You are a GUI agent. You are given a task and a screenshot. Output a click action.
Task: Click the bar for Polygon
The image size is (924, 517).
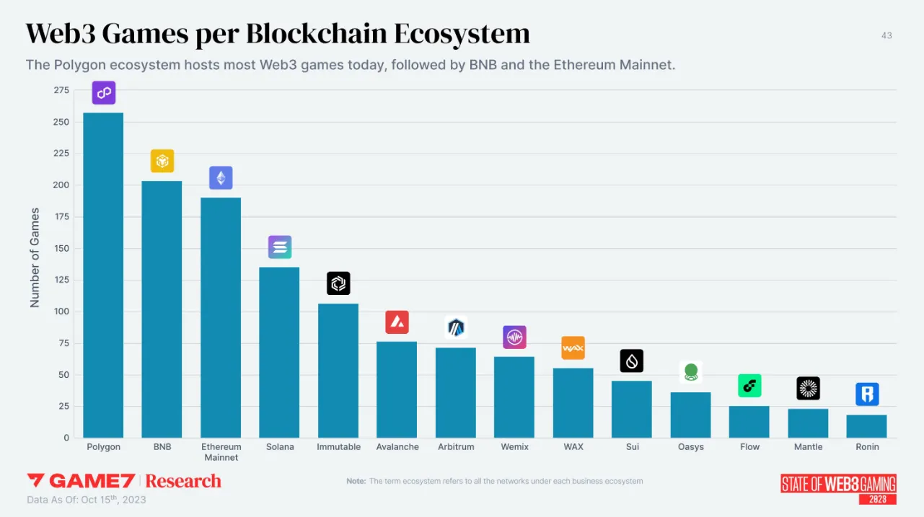coord(103,275)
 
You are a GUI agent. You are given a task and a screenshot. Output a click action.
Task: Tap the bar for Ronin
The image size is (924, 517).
coord(866,426)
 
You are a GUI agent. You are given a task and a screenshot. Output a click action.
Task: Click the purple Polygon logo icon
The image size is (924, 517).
coord(104,93)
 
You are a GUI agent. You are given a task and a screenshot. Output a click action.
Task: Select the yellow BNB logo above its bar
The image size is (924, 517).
coord(162,161)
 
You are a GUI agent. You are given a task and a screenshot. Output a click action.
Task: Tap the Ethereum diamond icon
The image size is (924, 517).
coord(221,178)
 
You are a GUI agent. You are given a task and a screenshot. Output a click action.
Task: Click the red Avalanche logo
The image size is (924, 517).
coord(397,322)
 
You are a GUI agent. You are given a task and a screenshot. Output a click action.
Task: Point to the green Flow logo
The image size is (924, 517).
coord(749,386)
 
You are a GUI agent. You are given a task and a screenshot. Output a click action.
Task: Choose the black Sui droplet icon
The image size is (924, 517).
coord(632,361)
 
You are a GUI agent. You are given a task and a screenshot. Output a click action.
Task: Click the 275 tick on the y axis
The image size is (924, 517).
coord(61,90)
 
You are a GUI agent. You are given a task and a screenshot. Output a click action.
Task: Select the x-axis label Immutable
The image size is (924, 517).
coord(338,447)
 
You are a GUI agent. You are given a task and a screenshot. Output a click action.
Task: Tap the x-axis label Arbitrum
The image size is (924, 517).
coord(456,447)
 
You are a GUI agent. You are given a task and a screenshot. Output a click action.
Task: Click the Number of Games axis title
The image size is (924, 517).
coord(35,258)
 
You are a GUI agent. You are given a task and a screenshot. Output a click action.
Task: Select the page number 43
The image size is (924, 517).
coord(886,35)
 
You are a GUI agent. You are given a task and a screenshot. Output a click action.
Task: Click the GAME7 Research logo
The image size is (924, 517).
coord(123,481)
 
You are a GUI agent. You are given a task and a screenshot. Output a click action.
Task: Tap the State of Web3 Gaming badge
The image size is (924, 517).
coord(838,488)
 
